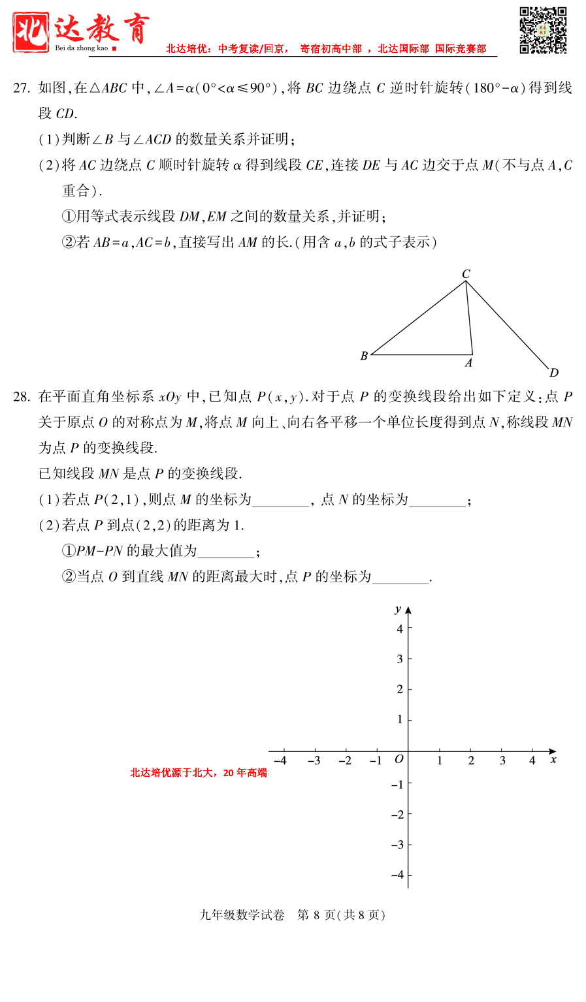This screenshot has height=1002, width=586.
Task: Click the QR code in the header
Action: pos(543,30)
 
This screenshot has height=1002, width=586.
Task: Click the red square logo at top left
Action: pos(31,32)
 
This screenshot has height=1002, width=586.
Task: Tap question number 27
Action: pos(22,88)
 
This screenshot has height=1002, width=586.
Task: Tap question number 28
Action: pos(22,397)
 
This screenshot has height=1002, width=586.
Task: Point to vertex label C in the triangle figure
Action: pos(466,274)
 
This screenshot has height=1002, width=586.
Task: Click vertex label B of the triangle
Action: pos(364,356)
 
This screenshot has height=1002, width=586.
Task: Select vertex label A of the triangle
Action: pos(468,363)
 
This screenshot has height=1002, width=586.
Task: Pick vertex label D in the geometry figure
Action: pos(554,373)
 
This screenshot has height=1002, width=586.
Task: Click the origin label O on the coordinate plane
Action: pos(399,759)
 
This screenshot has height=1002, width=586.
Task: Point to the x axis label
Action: pos(553,760)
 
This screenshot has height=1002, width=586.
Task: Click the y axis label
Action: pos(398,609)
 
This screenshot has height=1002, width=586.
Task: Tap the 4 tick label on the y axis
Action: pos(400,629)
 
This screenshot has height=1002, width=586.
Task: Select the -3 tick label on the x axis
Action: pos(314,760)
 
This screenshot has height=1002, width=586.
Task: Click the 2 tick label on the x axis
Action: pos(471,760)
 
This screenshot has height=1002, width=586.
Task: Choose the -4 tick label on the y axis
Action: pos(397,875)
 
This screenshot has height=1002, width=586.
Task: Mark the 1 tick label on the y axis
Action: pos(400,719)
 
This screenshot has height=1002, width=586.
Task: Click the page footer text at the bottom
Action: pos(293,915)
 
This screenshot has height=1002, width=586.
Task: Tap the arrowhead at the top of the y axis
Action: pos(408,610)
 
